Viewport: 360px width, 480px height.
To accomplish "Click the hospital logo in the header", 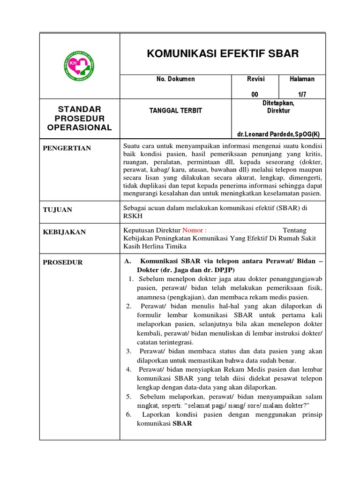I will point(78,66).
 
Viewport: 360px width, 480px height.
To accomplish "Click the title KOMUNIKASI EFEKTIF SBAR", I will point(223,53).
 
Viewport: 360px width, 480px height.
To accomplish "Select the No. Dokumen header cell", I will point(175,79).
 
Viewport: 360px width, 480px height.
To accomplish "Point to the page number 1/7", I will point(301,94).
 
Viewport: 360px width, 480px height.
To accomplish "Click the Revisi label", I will point(255,79).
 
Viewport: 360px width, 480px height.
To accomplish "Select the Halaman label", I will point(302,79).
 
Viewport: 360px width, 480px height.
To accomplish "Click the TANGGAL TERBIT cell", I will point(175,111).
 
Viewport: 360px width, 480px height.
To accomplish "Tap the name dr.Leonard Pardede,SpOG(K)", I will point(278,134).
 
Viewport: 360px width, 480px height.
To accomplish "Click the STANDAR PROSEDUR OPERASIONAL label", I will point(79,119).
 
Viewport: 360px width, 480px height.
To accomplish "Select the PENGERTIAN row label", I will point(67,148).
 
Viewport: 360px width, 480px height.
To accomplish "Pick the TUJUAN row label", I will point(58,210).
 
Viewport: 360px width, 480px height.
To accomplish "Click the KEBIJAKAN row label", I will point(64,232).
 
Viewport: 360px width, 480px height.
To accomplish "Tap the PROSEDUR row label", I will point(63,262).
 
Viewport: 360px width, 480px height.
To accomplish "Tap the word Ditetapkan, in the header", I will point(278,103).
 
